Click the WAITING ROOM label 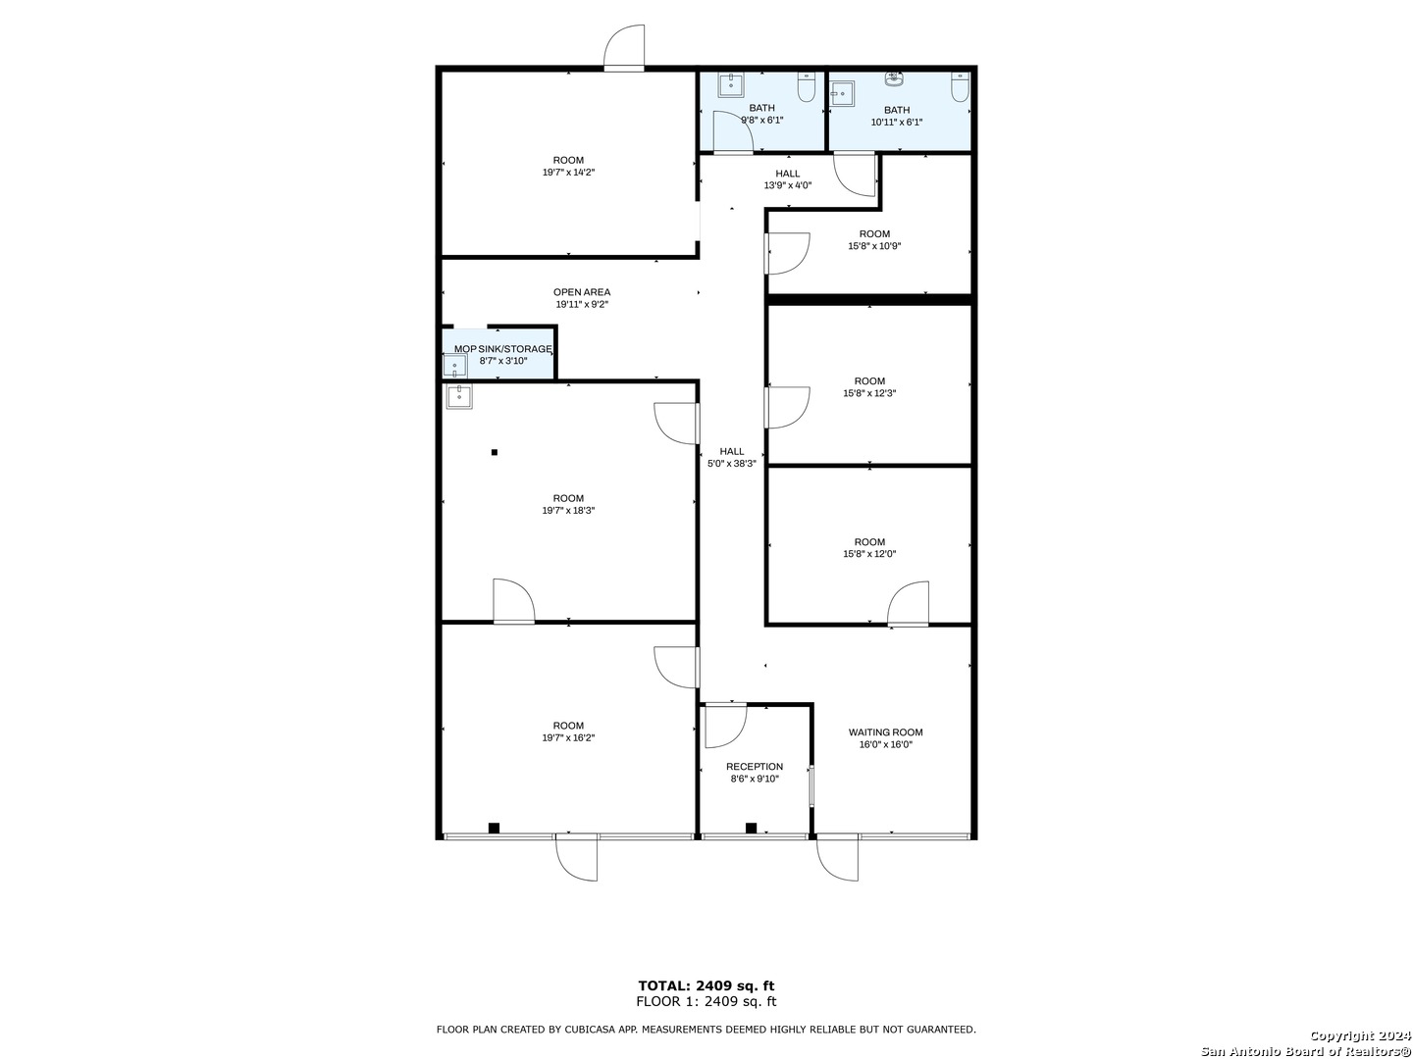tap(885, 732)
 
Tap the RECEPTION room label tap(755, 767)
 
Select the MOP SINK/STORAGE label tap(502, 349)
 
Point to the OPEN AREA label tap(582, 292)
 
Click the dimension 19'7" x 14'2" tap(568, 173)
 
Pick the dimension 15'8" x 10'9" tap(874, 246)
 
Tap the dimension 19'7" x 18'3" tap(568, 511)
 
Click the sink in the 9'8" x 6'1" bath tap(731, 85)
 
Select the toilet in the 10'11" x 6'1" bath tap(960, 88)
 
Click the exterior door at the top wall tap(624, 49)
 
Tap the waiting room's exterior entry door tap(838, 857)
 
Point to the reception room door tap(725, 725)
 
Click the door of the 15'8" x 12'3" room tap(786, 408)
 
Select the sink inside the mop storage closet tap(455, 367)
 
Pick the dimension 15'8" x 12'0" tap(869, 554)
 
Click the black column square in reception tap(751, 828)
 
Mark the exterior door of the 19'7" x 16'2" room tap(576, 857)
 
